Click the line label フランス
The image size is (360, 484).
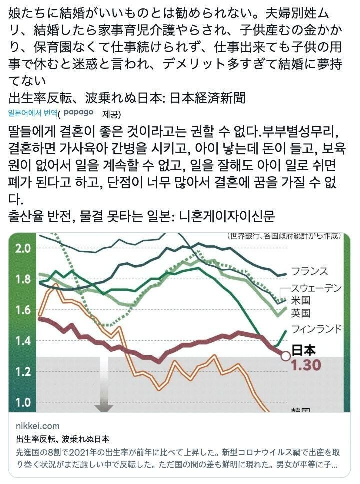tap(309, 271)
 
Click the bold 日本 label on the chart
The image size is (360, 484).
tap(303, 349)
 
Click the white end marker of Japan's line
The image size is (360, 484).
tap(285, 356)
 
